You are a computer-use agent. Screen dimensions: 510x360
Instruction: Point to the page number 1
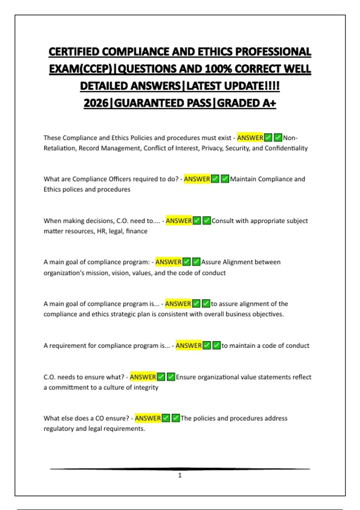[x=180, y=475]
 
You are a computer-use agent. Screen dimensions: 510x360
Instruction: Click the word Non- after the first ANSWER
[x=290, y=138]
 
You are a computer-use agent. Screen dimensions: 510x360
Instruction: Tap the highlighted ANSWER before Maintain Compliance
[x=197, y=179]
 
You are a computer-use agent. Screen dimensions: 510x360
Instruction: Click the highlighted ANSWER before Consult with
[x=179, y=221]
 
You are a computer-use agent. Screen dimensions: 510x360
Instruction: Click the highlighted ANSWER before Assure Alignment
[x=168, y=262]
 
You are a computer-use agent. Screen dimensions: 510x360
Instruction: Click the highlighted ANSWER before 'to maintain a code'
[x=189, y=346]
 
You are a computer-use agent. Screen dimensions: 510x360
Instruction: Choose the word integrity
[x=146, y=388]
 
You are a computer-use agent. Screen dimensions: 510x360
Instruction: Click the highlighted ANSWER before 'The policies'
[x=148, y=418]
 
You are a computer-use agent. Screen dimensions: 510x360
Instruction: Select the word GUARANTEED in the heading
[x=163, y=103]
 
